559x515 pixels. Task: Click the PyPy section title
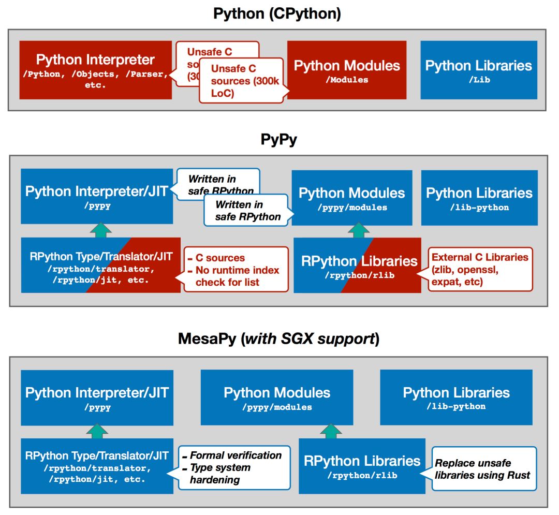click(278, 140)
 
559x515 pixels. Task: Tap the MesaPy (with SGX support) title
click(278, 339)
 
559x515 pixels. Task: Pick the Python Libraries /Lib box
click(478, 70)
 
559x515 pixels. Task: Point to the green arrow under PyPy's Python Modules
click(355, 231)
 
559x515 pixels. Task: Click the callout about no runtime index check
click(236, 269)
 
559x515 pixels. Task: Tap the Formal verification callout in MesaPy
click(234, 467)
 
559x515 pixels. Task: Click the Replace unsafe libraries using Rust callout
click(483, 469)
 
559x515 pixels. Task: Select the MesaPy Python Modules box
click(277, 398)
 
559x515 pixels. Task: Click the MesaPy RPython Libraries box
click(362, 466)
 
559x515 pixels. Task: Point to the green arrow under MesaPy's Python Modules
click(331, 430)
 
